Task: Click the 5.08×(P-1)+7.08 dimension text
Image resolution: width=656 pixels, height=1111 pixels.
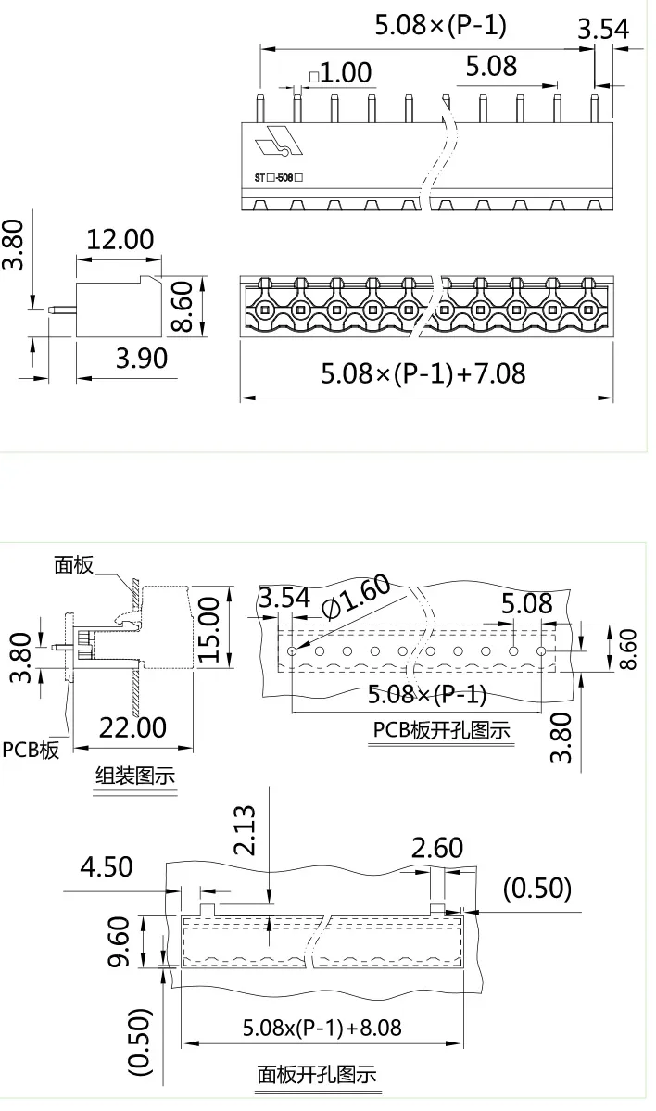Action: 423,373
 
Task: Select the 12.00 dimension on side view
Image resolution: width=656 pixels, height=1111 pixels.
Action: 120,239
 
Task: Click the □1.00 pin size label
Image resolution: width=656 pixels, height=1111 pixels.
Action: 340,72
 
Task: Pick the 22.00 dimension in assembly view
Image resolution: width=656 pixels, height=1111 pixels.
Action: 132,727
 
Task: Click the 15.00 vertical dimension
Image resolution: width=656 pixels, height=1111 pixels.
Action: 210,629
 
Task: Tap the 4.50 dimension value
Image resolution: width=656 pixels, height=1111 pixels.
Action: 107,867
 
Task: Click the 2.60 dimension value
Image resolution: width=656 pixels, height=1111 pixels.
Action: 437,848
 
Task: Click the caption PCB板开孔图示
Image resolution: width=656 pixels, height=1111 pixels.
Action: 441,729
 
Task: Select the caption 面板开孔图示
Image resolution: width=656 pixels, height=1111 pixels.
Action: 316,1076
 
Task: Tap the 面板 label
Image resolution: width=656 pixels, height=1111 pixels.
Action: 73,565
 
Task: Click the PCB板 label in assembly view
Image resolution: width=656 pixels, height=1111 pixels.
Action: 31,750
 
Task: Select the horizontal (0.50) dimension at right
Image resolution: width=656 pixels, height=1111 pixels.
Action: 536,888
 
